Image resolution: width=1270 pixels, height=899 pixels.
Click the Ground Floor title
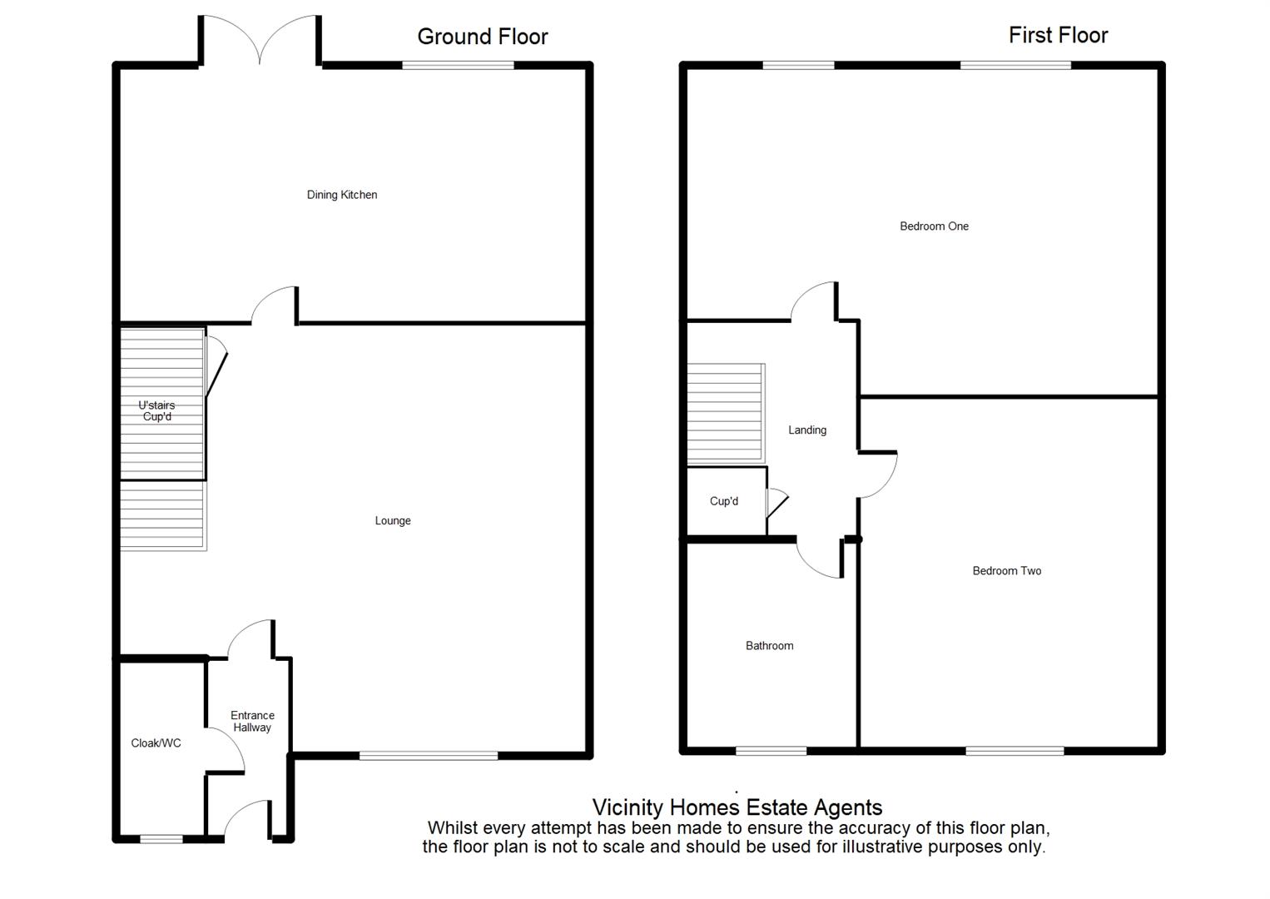point(483,37)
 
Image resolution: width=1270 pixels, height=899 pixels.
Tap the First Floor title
point(1058,35)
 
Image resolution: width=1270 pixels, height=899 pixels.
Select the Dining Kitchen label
point(342,195)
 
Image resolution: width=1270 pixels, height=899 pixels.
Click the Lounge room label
point(393,521)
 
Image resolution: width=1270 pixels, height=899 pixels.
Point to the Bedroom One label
point(935,226)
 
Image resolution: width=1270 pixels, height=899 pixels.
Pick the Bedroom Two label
point(1007,570)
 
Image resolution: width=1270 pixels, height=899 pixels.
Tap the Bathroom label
point(769,645)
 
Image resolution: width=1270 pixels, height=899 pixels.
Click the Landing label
point(807,430)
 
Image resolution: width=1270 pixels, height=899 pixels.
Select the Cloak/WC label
point(156,743)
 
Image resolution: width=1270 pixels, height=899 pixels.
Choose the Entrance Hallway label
point(252,722)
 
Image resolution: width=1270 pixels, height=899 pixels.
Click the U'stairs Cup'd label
point(157,410)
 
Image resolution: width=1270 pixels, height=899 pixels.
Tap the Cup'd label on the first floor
point(724,501)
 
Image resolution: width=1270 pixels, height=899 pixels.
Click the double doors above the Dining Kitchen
point(260,40)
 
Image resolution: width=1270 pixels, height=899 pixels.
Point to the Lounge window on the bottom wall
point(429,756)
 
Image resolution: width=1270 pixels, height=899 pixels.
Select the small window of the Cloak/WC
point(161,839)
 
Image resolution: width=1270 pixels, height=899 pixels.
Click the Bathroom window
point(771,751)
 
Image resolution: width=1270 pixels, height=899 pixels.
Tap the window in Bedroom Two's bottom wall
point(1015,751)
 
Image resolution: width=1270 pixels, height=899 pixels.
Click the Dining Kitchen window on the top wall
point(458,65)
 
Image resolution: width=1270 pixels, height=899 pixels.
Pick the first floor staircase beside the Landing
point(727,412)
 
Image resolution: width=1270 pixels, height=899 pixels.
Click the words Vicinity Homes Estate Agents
point(737,807)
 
